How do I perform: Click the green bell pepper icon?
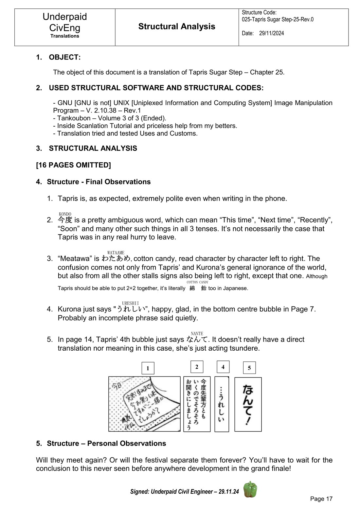coord(250,489)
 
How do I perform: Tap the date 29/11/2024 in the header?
coord(271,33)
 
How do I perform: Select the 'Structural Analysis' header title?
coord(177,26)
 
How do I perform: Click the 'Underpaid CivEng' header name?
coord(65,22)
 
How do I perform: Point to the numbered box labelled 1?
coord(148,368)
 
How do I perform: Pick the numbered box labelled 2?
coord(196,367)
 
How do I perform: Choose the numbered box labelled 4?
coord(223,367)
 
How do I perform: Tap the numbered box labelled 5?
coord(249,368)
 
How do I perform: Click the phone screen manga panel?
coord(144,404)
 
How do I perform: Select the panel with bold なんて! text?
coord(248,404)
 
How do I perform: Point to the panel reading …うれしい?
coord(222,404)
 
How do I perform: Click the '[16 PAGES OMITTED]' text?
coord(73,165)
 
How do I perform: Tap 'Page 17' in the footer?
coord(321,499)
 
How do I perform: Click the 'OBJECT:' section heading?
coord(64,57)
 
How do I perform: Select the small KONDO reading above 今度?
coord(65,214)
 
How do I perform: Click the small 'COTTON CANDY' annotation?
coord(197,282)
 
